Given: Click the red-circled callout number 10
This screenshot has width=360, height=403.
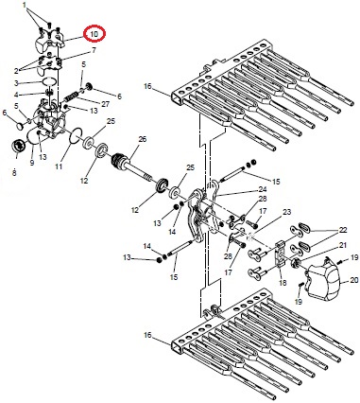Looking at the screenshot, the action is point(94,34).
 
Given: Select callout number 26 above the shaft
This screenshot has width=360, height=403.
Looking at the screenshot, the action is point(143,139).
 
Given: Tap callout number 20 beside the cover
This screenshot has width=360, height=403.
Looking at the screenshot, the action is point(354,280).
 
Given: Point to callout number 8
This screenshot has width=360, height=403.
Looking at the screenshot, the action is point(14,172).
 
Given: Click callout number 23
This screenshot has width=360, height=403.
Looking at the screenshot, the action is point(287,212).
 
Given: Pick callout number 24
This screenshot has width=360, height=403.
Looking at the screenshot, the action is point(263,189).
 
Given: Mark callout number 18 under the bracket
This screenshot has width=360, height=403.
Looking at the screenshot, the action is point(283,283).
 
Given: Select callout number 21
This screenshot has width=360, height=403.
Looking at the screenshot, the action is point(343,245).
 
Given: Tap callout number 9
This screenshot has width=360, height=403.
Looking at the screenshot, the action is point(32,163).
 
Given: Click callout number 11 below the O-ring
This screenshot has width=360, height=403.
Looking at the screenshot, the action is point(59,166).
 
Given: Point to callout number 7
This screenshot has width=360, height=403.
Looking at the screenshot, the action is point(94,50).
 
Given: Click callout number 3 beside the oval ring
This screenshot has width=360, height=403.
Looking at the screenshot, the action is point(16,83).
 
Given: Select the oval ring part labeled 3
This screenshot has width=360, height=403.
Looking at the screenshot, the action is point(49,81).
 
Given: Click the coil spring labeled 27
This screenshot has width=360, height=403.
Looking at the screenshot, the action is point(72,96).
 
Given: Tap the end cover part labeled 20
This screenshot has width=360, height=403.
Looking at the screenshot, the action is point(323,279).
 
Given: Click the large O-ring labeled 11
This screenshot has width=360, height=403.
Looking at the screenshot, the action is point(76,135).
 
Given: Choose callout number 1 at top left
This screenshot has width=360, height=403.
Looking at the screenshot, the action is point(25,6).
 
